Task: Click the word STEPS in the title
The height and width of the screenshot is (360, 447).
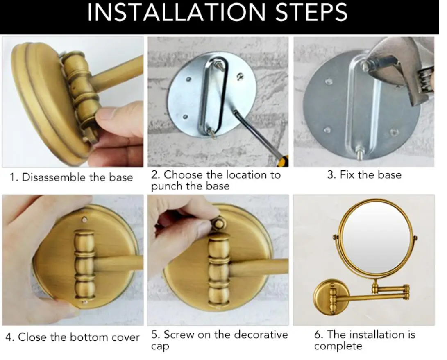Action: (311, 13)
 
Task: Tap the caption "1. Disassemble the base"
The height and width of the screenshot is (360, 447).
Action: (71, 177)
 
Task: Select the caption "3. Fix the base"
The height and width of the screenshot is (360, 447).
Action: (364, 175)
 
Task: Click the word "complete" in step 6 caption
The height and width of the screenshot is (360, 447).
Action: (338, 346)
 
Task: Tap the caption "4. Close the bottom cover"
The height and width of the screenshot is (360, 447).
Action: (73, 337)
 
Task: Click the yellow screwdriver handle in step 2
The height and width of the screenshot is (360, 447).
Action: (283, 161)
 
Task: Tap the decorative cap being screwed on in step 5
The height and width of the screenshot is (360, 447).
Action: (219, 224)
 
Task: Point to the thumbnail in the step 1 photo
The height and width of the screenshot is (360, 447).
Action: (105, 115)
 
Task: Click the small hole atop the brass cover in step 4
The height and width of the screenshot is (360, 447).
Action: (84, 220)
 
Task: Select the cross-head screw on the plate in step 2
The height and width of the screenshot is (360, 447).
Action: (240, 76)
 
